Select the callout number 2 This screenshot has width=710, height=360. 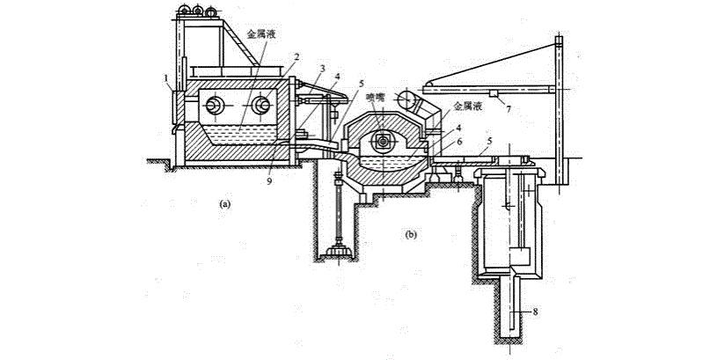coord(297,56)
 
